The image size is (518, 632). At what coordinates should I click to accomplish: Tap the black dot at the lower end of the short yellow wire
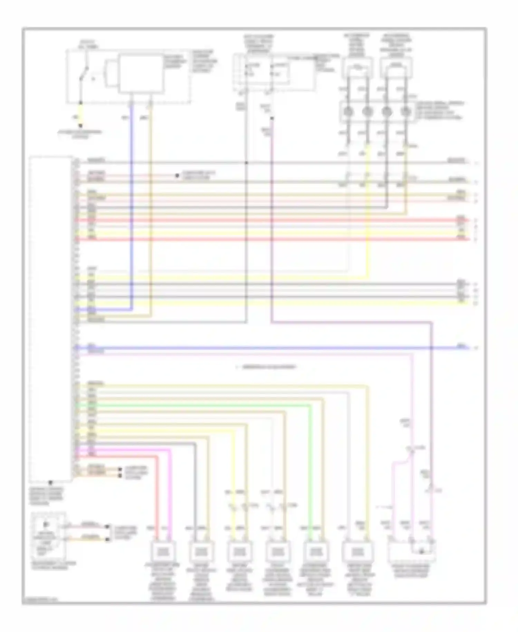click(x=80, y=126)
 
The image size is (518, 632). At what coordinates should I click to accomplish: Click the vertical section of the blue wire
click(x=132, y=207)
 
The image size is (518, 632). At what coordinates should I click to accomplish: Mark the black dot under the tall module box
click(x=50, y=482)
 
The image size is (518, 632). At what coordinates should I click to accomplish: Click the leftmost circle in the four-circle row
click(x=348, y=112)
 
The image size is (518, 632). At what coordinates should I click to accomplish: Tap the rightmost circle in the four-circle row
click(x=406, y=112)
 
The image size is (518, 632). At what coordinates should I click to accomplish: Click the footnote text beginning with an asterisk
click(x=266, y=367)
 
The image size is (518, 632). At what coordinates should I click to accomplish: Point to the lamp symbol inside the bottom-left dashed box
click(x=46, y=524)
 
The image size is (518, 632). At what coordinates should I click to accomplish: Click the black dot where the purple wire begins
click(x=272, y=119)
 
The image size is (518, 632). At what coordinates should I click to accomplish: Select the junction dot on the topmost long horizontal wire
click(x=247, y=162)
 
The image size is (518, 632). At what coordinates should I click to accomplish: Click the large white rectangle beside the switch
click(x=141, y=73)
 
